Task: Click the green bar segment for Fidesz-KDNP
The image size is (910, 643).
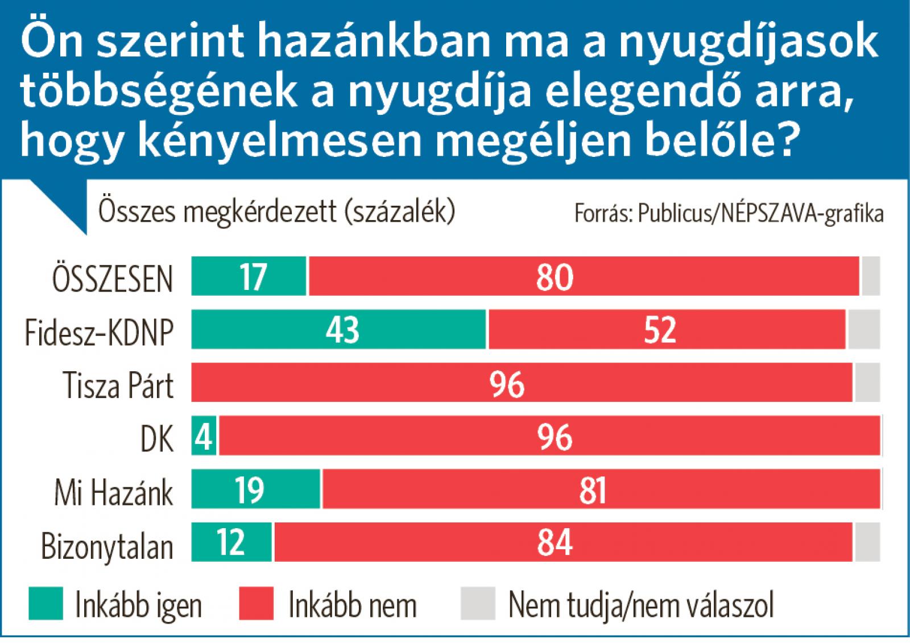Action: click(x=339, y=329)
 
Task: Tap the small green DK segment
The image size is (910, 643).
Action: click(x=204, y=436)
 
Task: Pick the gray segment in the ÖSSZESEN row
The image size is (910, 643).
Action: click(x=871, y=276)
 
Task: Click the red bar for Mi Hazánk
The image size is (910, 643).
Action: click(x=601, y=489)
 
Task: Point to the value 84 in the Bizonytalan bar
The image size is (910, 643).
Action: click(x=555, y=542)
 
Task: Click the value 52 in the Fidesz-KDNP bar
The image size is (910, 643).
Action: click(x=660, y=330)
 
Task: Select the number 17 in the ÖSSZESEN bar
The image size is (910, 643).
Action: click(x=253, y=277)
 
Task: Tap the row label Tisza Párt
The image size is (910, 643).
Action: click(x=118, y=385)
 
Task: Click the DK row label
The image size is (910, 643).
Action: click(x=156, y=438)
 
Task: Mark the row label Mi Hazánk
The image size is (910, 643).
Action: click(x=113, y=492)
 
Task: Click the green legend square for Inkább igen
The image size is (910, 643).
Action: click(x=46, y=603)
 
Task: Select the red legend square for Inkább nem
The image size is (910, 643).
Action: click(x=256, y=603)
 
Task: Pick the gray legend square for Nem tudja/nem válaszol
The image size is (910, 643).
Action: click(x=478, y=603)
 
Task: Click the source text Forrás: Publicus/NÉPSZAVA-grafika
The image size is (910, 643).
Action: click(x=729, y=214)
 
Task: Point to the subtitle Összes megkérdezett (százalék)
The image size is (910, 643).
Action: click(x=277, y=211)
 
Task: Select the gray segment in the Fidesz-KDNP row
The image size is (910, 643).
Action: click(x=864, y=329)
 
